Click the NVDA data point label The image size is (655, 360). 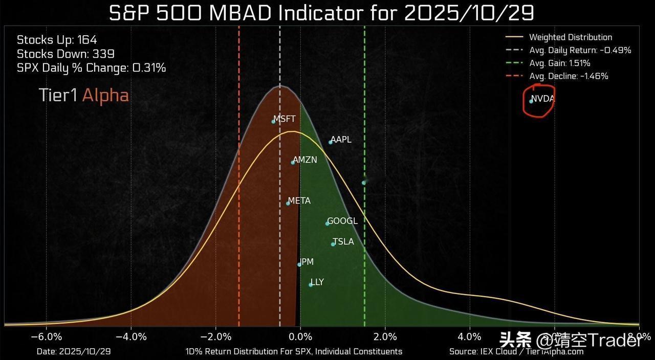click(x=542, y=99)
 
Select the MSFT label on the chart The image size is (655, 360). click(x=285, y=119)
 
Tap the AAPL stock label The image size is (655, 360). click(x=341, y=140)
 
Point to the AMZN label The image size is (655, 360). click(x=305, y=160)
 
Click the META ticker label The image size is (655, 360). click(x=299, y=201)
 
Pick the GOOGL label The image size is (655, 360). click(x=342, y=221)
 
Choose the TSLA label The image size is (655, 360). click(x=343, y=242)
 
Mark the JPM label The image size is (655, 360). click(x=307, y=262)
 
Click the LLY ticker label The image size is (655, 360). click(x=317, y=282)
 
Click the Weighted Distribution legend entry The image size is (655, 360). click(x=570, y=37)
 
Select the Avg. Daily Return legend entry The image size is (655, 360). click(x=580, y=50)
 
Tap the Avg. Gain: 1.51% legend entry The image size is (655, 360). click(x=559, y=63)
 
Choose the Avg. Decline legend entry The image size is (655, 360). click(x=569, y=76)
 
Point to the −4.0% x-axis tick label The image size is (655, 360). click(x=131, y=336)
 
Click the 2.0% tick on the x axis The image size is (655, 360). click(x=385, y=336)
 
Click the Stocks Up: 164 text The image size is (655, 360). click(x=57, y=40)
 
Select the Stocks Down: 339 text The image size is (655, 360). click(x=65, y=54)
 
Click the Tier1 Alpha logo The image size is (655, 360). click(x=84, y=95)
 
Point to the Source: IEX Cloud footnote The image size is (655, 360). click(x=516, y=352)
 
